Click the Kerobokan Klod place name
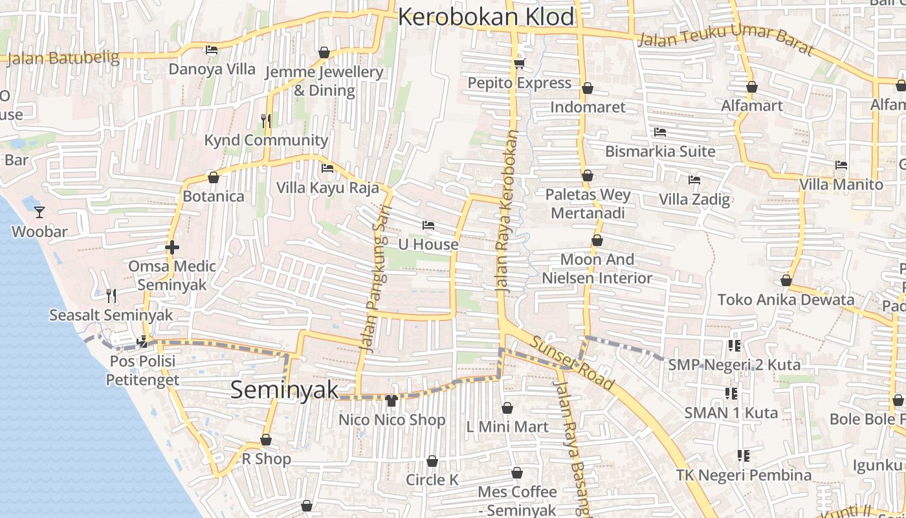pyautogui.click(x=486, y=17)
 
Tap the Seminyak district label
pyautogui.click(x=285, y=390)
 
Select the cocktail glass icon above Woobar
pyautogui.click(x=39, y=212)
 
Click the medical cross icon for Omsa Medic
pyautogui.click(x=172, y=247)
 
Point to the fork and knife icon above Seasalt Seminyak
pyautogui.click(x=111, y=296)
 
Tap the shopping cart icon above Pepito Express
pyautogui.click(x=519, y=63)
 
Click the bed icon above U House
pyautogui.click(x=428, y=225)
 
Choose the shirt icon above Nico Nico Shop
pyautogui.click(x=391, y=401)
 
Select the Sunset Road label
pyautogui.click(x=571, y=363)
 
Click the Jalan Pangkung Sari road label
pyautogui.click(x=374, y=285)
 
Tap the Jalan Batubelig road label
pyautogui.click(x=63, y=58)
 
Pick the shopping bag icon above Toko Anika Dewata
pyautogui.click(x=786, y=280)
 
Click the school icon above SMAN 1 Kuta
pyautogui.click(x=731, y=393)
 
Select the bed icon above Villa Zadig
pyautogui.click(x=694, y=179)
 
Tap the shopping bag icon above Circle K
pyautogui.click(x=432, y=461)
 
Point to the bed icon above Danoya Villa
pyautogui.click(x=212, y=50)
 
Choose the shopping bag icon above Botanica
pyautogui.click(x=213, y=177)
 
